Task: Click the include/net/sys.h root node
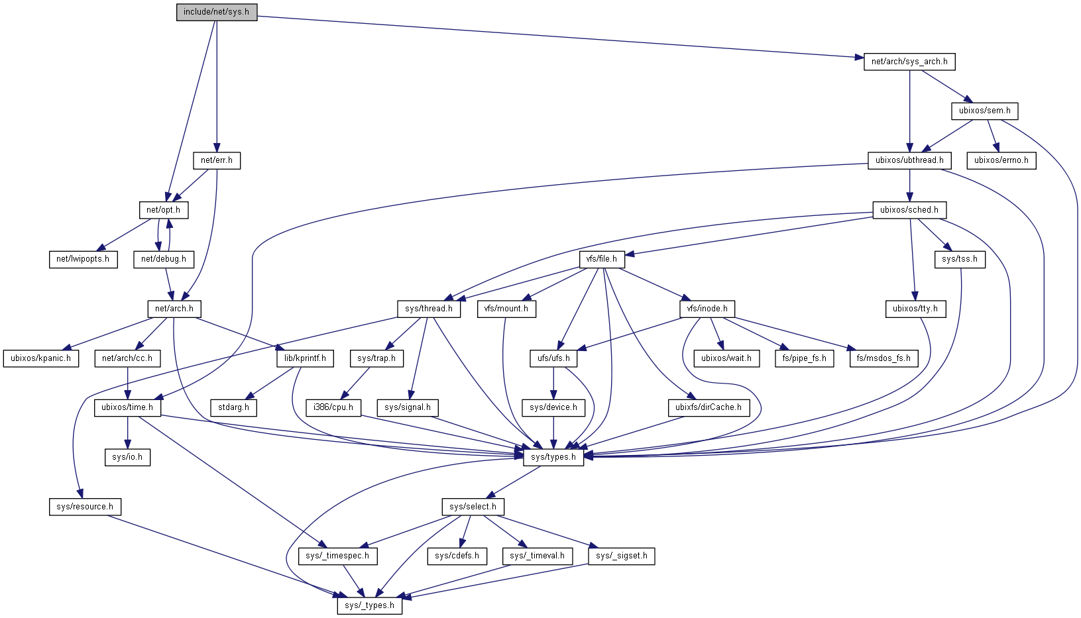217,12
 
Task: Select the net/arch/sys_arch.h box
909,62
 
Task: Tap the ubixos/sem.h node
984,111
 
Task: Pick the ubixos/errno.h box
1001,160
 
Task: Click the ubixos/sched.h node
909,210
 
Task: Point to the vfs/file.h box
602,259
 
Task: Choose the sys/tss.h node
959,259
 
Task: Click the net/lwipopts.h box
83,259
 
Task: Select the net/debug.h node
164,259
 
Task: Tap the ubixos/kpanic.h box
40,358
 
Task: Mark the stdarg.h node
233,407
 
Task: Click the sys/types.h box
553,457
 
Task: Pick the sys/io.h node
127,457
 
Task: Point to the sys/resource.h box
85,507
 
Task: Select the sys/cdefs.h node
457,556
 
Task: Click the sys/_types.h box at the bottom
369,605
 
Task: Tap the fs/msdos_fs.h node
883,358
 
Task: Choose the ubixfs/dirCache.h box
709,407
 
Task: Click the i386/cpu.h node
333,407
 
